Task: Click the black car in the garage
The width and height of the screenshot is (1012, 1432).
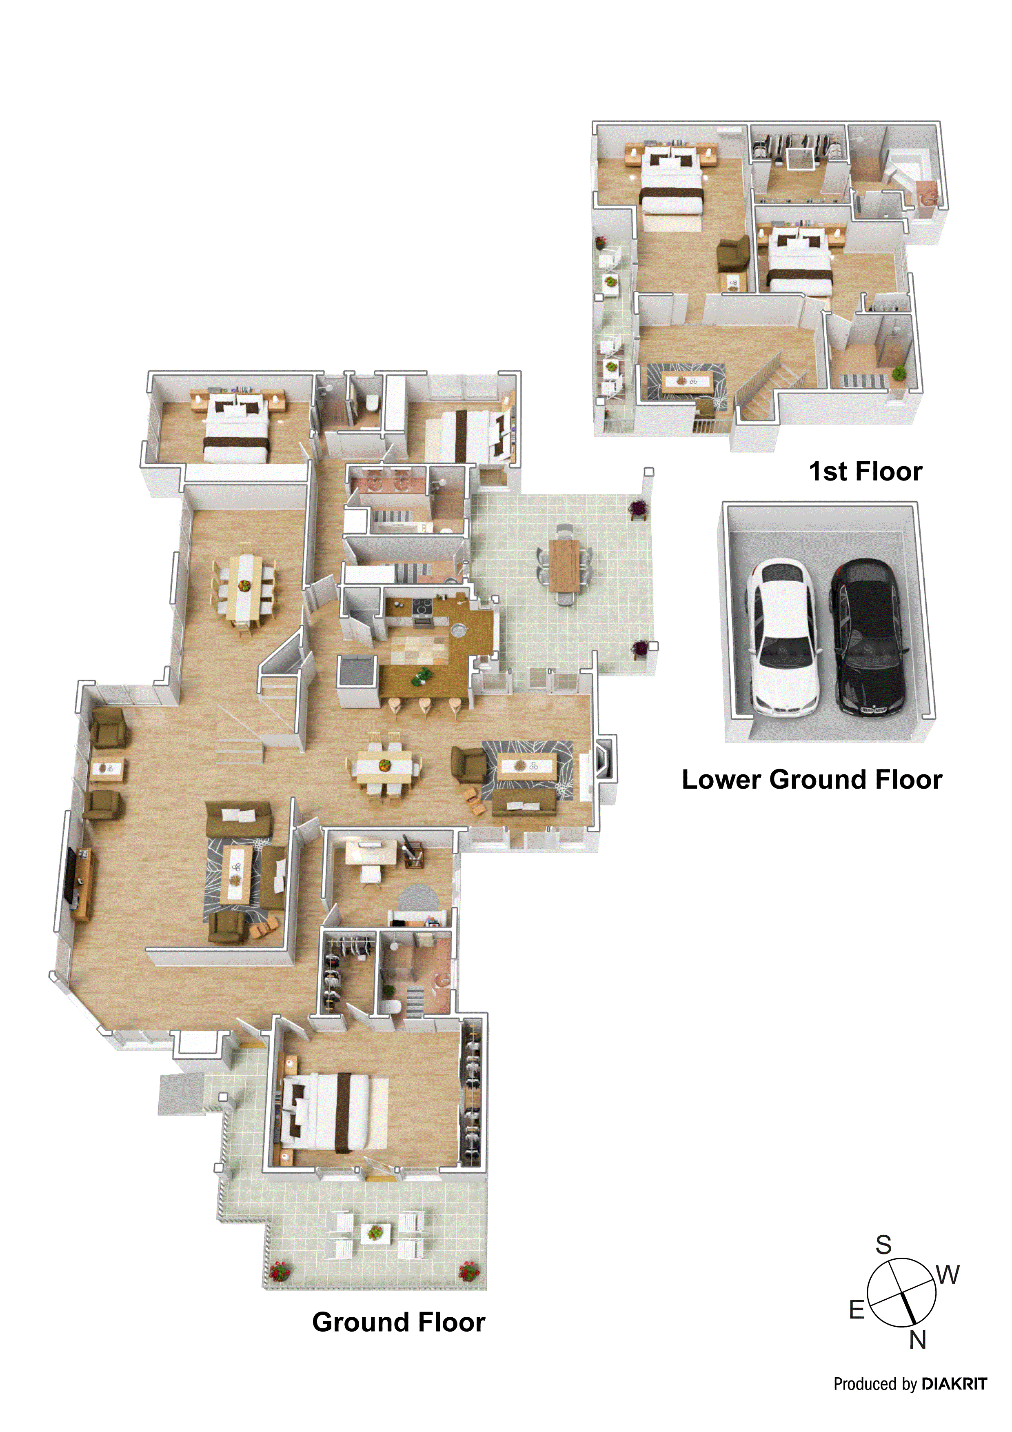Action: point(867,636)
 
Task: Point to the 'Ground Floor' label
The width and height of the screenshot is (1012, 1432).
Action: point(398,1322)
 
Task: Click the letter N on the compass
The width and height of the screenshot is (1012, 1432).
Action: point(917,1340)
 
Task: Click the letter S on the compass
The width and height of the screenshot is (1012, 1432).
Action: point(883,1245)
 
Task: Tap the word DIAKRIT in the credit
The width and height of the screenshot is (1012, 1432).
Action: point(954,1384)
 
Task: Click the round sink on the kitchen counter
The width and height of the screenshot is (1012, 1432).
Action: point(458,629)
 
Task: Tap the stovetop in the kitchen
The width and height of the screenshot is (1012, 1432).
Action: point(422,605)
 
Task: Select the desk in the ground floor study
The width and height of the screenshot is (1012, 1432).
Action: point(371,852)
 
